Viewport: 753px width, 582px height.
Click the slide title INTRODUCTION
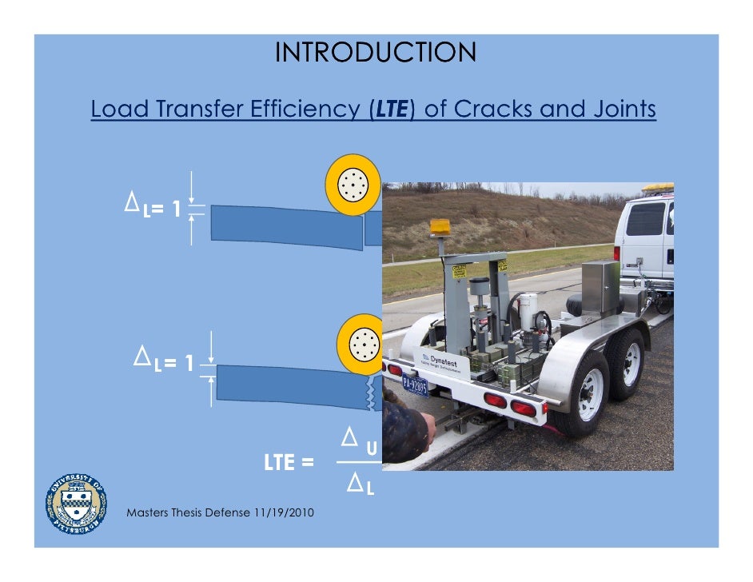(x=376, y=53)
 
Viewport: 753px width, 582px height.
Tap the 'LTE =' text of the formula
(x=289, y=462)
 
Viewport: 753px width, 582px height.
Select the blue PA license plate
(x=415, y=385)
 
